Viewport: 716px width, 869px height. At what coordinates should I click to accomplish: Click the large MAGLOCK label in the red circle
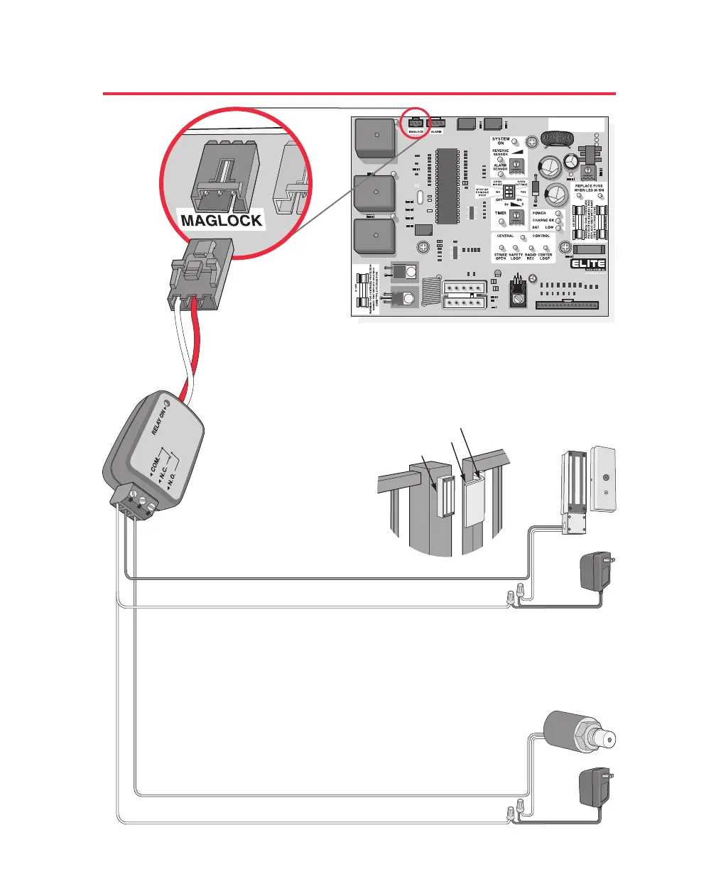tap(222, 220)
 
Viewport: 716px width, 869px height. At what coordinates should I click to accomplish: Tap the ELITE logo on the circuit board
tap(588, 264)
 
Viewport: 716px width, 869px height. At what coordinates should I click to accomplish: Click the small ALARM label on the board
tap(435, 132)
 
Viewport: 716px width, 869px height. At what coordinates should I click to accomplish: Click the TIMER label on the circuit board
tap(500, 212)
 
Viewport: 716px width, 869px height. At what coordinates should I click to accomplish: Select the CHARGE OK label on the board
tap(543, 220)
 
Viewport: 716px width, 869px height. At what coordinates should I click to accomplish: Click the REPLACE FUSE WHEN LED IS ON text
tap(589, 188)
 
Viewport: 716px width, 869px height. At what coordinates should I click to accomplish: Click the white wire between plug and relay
tap(178, 348)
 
